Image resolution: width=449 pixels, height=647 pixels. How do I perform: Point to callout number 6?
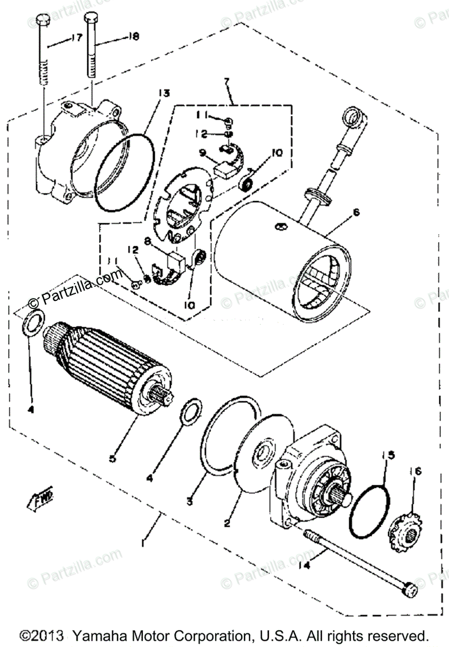(x=355, y=213)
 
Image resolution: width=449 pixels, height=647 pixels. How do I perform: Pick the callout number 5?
(x=112, y=458)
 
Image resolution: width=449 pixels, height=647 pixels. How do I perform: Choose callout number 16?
(x=418, y=471)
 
